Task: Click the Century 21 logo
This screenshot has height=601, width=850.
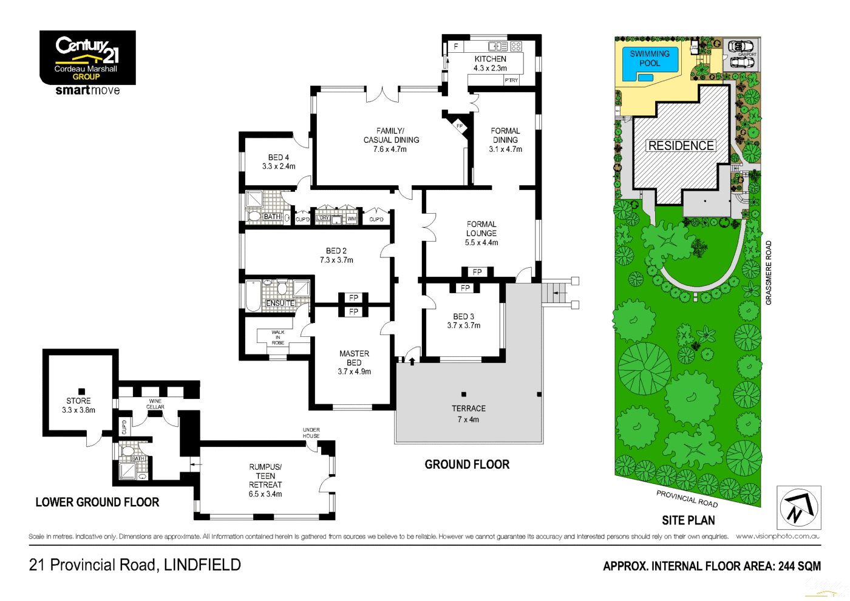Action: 87,58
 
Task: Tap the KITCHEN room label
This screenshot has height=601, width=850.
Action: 490,59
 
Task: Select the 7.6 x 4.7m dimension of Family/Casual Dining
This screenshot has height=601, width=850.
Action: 390,149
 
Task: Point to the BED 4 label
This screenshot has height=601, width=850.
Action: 279,157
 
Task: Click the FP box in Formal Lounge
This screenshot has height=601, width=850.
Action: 477,272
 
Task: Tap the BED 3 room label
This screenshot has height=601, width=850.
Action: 463,316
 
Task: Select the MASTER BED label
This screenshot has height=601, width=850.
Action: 354,358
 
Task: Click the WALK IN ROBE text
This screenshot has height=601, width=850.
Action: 278,338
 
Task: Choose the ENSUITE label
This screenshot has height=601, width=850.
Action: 280,303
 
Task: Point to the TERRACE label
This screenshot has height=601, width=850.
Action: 468,409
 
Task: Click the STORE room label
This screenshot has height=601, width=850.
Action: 78,401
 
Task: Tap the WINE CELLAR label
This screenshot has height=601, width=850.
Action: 155,404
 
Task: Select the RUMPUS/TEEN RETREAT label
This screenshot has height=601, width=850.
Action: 265,476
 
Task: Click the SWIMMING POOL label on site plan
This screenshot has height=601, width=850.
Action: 650,58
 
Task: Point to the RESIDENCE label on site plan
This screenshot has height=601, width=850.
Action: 681,146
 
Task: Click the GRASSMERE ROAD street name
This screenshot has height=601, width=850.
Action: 769,273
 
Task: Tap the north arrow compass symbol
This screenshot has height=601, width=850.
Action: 798,508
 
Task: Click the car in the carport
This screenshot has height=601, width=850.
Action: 740,46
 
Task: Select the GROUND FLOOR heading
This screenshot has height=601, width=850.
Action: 467,464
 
